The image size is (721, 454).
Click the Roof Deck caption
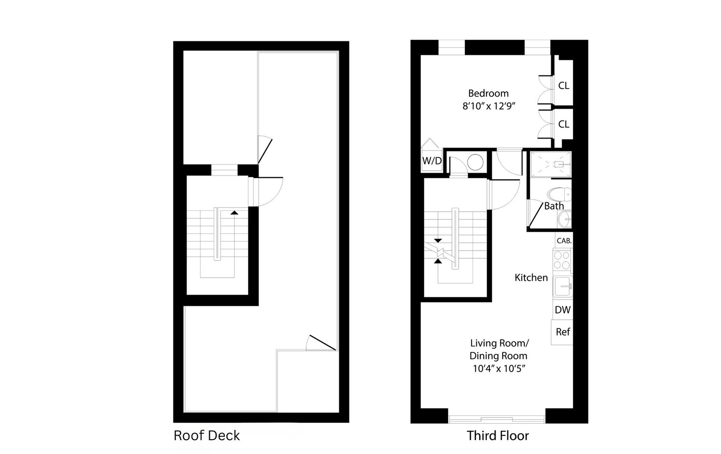pyautogui.click(x=207, y=436)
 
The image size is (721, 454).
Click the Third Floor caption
pyautogui.click(x=497, y=436)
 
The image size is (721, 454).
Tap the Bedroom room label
pyautogui.click(x=488, y=93)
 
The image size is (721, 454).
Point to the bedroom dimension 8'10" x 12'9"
pyautogui.click(x=489, y=106)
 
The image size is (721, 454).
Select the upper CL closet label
pyautogui.click(x=563, y=86)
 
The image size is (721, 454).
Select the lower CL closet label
pyautogui.click(x=563, y=124)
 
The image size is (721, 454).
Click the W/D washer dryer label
pyautogui.click(x=432, y=161)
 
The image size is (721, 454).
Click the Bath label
pyautogui.click(x=554, y=206)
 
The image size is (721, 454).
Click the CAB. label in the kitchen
pyautogui.click(x=563, y=241)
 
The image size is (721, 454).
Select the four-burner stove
pyautogui.click(x=562, y=260)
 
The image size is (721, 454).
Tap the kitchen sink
pyautogui.click(x=562, y=288)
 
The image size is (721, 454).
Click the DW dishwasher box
pyautogui.click(x=562, y=310)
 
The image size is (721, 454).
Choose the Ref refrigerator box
pyautogui.click(x=562, y=332)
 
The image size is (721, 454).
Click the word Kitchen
pyautogui.click(x=531, y=277)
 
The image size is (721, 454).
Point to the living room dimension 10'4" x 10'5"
pyautogui.click(x=498, y=369)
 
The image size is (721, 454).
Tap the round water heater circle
pyautogui.click(x=475, y=162)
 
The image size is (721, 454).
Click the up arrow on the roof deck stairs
pyautogui.click(x=234, y=212)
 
